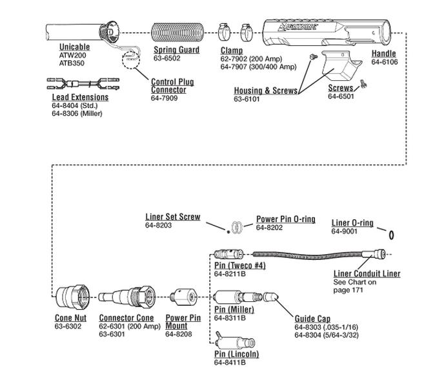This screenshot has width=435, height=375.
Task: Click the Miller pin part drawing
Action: pos(237,299)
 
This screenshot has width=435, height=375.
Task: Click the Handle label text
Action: pos(384,54)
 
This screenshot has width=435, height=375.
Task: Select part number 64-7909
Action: pos(165,99)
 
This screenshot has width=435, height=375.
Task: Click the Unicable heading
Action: pos(75,47)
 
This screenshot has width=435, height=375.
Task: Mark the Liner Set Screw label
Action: pos(173,217)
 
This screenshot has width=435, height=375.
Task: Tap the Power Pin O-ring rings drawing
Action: pos(238,226)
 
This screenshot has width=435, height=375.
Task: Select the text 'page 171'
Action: pos(349,290)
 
